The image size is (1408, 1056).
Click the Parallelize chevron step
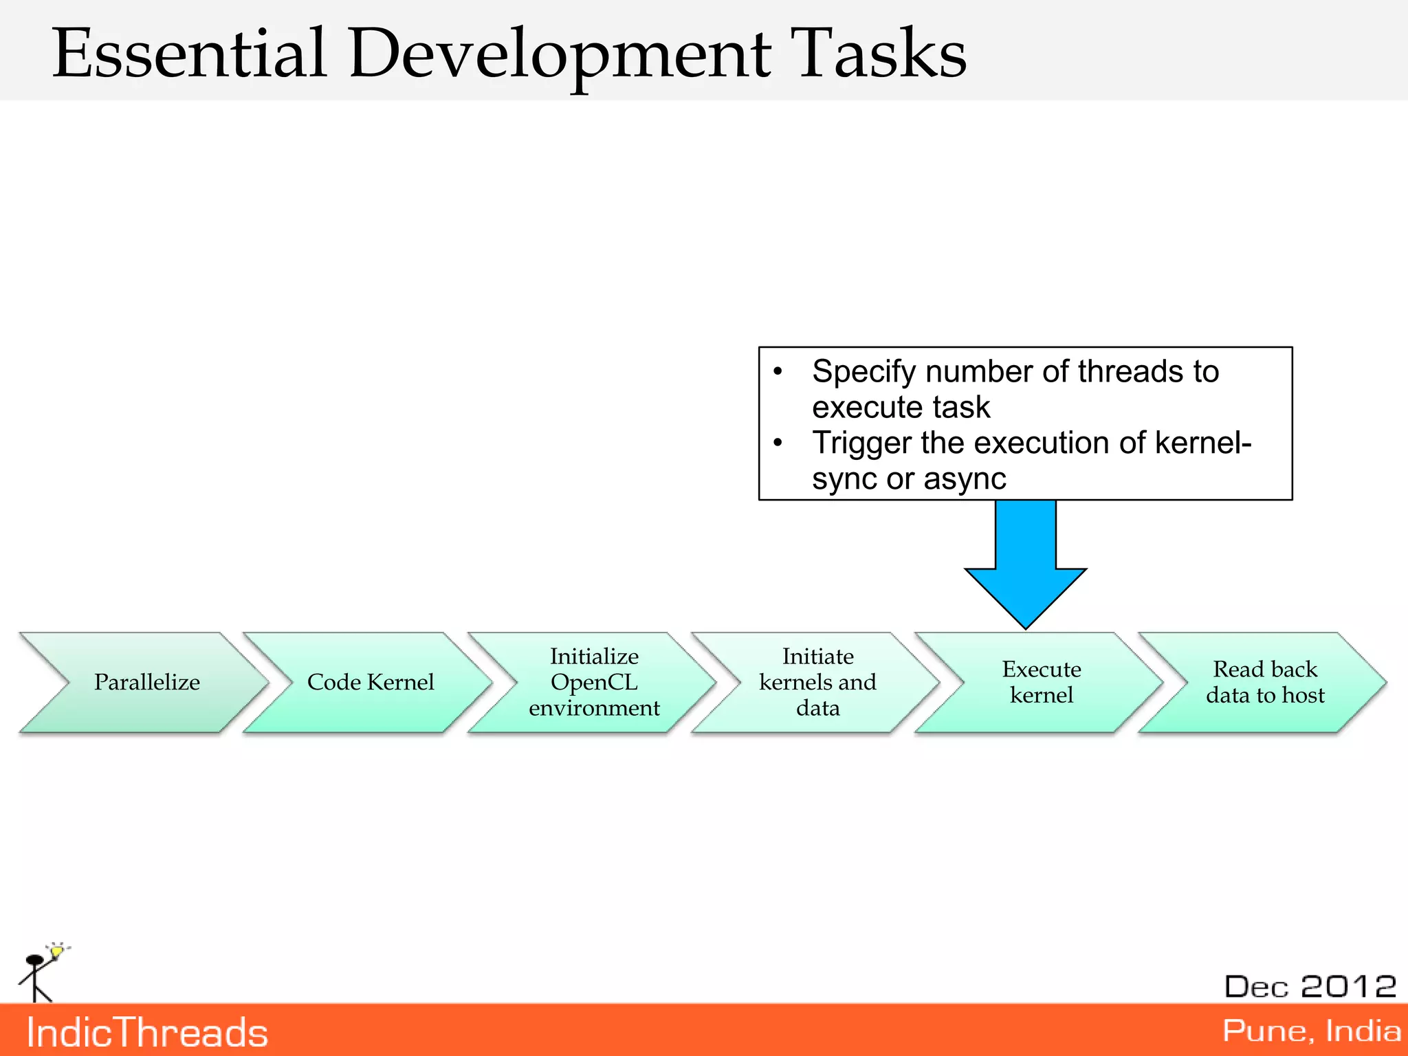click(146, 682)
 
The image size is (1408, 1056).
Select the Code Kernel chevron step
click(370, 682)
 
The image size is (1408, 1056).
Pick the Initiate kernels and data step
click(817, 682)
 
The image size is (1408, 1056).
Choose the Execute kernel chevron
click(1041, 682)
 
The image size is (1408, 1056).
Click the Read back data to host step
click(1265, 682)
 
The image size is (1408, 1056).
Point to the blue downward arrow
click(1025, 564)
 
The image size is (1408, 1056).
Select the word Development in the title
click(560, 55)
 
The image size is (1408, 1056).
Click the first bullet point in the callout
click(778, 372)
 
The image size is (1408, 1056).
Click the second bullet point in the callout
click(778, 443)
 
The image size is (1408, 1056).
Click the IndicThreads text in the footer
click(147, 1033)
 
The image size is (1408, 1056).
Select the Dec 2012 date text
click(1310, 987)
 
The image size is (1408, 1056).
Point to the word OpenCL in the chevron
click(594, 682)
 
